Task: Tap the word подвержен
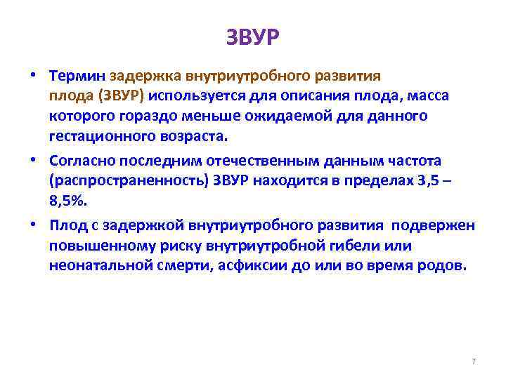(x=433, y=225)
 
